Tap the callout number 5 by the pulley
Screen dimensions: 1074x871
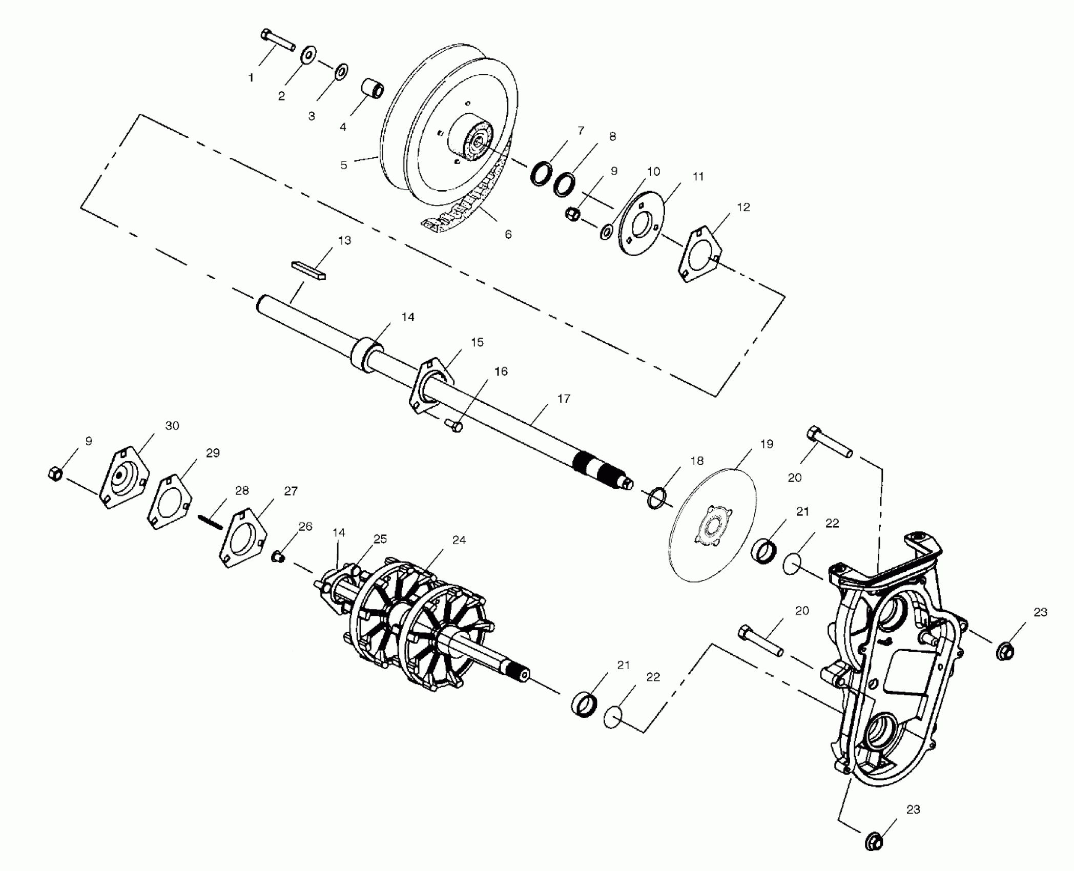point(344,165)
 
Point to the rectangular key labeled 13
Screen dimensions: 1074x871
point(308,269)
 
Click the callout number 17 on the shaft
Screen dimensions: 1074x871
point(564,399)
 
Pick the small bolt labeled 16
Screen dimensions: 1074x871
point(454,425)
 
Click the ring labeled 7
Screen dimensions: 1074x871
point(542,174)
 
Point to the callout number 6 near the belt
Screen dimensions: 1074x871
point(508,234)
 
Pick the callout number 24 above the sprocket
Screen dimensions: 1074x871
point(459,540)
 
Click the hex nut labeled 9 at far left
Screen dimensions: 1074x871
point(54,473)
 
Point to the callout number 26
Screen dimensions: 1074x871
point(305,527)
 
